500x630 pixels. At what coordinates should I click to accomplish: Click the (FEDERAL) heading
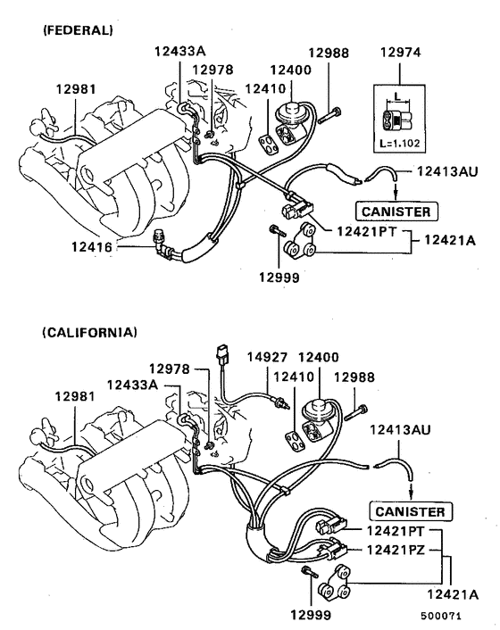78,30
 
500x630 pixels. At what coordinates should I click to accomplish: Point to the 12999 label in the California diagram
311,615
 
